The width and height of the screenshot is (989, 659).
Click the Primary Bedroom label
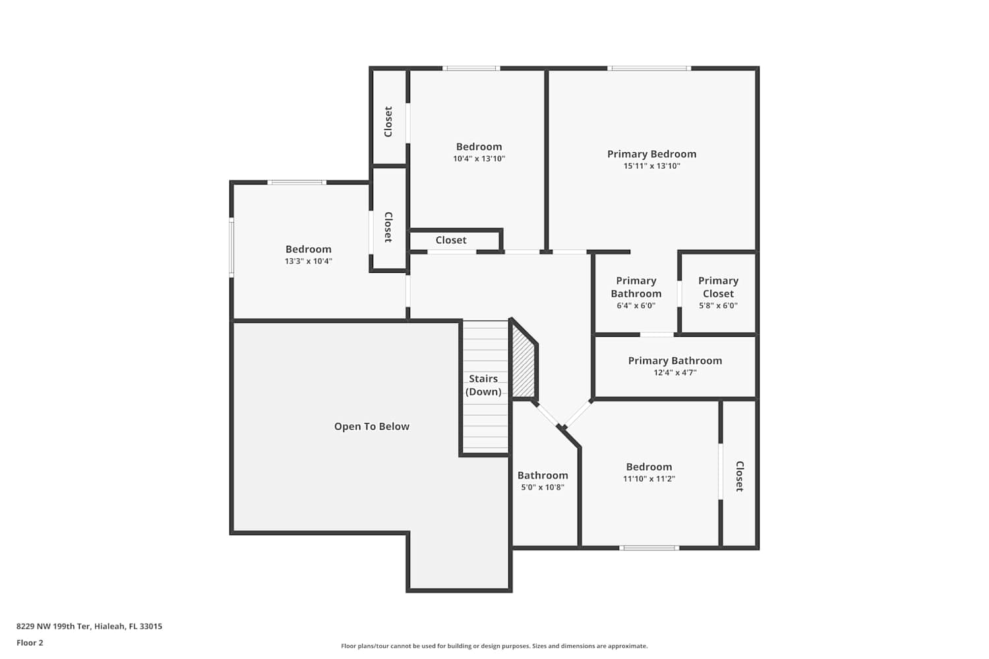(651, 154)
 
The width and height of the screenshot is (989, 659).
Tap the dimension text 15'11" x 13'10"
(651, 166)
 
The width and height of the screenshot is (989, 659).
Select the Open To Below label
(372, 426)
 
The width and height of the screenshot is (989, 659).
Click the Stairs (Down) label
(483, 385)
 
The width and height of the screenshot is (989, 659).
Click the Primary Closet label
(719, 287)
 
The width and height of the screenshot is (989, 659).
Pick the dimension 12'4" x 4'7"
(675, 372)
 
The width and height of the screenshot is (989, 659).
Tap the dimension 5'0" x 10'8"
(543, 487)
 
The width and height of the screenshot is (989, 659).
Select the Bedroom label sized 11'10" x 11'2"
(649, 467)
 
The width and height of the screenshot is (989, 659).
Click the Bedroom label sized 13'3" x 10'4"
(308, 249)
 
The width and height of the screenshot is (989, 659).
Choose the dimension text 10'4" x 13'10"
(479, 158)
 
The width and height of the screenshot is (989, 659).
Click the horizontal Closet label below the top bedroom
(451, 240)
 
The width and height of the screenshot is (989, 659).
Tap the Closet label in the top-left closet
(388, 122)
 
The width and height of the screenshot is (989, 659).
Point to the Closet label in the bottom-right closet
(740, 476)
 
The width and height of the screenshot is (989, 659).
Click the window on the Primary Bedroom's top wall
(649, 69)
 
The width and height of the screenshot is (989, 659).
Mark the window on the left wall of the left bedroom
(231, 248)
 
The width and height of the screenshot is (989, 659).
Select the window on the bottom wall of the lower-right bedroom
(649, 548)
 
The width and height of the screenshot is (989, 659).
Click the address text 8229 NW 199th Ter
(53, 626)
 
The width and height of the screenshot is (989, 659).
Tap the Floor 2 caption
(30, 643)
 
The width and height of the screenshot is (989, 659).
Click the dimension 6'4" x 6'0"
(636, 305)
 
